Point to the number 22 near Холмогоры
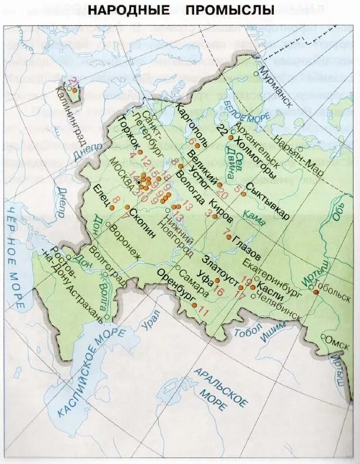222,130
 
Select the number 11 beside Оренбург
205,311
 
